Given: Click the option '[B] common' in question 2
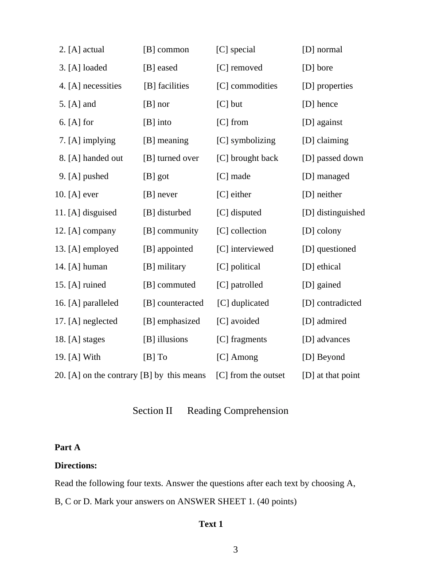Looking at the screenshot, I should [166, 50].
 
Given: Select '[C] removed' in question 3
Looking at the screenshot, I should [239, 68].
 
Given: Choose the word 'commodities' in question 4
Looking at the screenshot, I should [254, 86].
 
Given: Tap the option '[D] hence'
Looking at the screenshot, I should [320, 104].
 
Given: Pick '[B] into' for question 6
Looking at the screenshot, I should [157, 122].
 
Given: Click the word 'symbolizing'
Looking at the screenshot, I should [253, 140].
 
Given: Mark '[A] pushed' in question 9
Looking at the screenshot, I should [88, 176].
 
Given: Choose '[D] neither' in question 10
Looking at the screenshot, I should [322, 195].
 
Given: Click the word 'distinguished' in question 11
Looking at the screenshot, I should [341, 213].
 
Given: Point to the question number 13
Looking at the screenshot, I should [60, 249].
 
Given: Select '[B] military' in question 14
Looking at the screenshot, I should [164, 267].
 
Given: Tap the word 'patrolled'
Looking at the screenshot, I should [247, 285].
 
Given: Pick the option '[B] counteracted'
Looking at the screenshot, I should [173, 303].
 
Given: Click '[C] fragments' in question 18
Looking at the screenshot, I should [242, 339].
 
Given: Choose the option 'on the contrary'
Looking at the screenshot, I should [110, 375].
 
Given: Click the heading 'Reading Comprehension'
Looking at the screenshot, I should [238, 411].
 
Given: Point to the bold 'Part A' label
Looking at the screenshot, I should [67, 448].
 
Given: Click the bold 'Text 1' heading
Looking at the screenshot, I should [211, 524].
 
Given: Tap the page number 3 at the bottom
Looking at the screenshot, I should [235, 550].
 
